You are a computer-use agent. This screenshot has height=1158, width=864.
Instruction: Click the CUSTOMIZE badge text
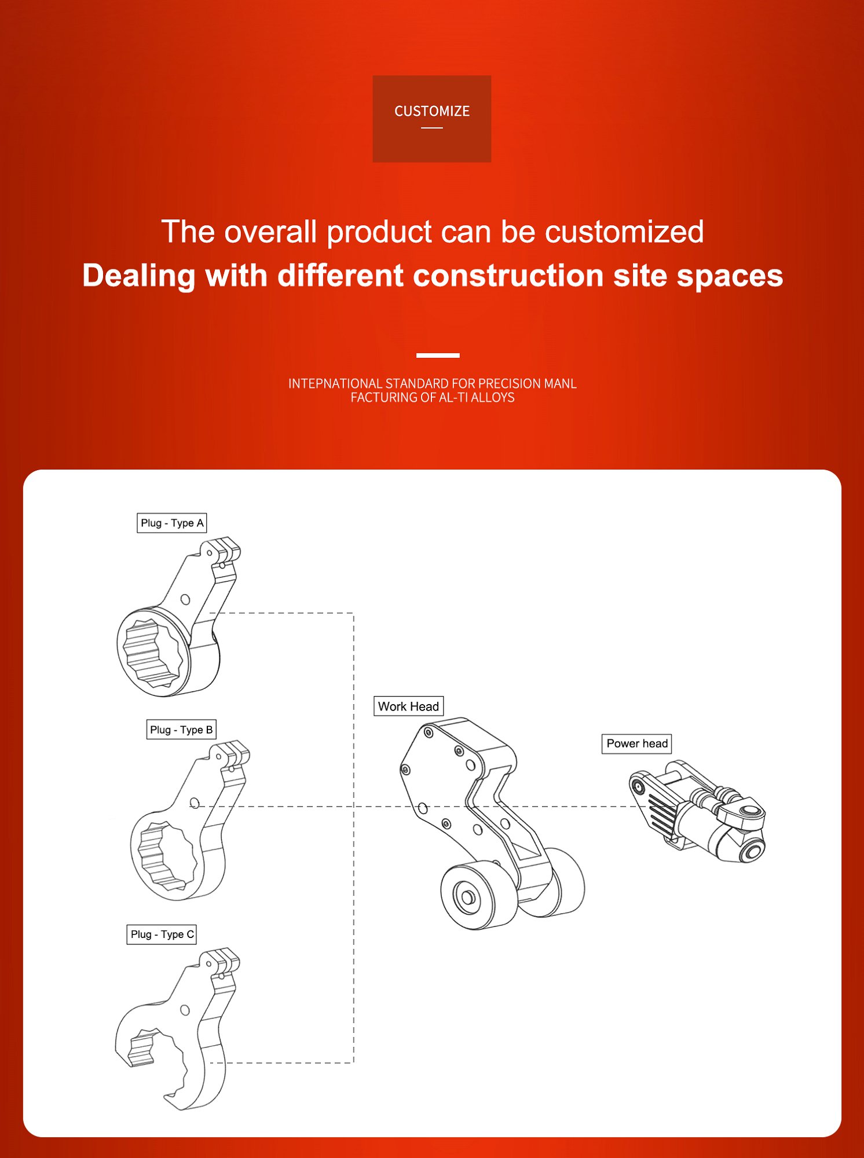(432, 111)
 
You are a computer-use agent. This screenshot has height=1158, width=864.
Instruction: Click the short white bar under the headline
(438, 355)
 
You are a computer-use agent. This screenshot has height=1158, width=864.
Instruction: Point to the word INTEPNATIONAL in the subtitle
(335, 383)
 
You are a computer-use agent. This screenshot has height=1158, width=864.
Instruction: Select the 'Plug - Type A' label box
(172, 523)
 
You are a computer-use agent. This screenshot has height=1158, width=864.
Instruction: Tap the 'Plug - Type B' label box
(181, 730)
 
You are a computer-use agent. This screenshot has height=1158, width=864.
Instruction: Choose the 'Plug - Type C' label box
(162, 934)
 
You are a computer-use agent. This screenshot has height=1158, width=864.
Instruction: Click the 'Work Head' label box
(408, 706)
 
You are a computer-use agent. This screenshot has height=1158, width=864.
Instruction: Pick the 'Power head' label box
(637, 743)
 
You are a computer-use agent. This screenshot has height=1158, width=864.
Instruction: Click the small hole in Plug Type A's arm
(185, 599)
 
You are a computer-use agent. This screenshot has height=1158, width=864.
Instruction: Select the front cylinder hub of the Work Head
(467, 897)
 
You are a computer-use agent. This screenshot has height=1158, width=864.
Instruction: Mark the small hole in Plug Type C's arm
(185, 1010)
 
